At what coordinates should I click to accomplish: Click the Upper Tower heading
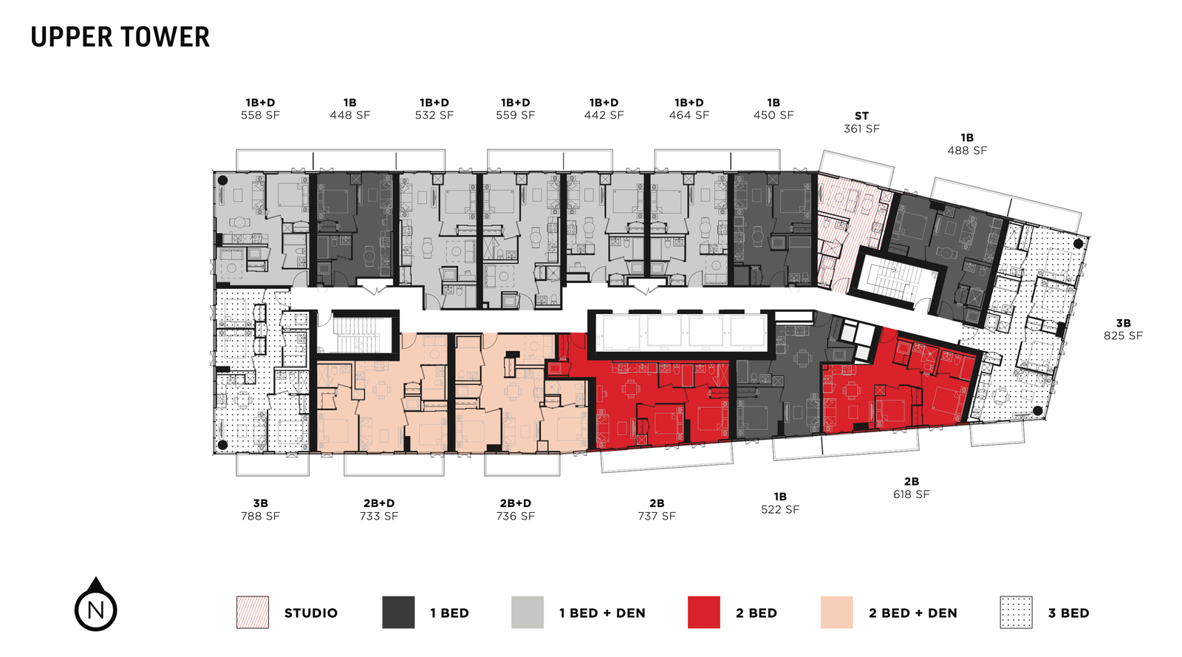(x=120, y=37)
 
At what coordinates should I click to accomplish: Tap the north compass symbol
(x=96, y=608)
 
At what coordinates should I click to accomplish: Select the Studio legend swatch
(x=253, y=613)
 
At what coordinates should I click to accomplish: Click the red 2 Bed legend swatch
(x=703, y=613)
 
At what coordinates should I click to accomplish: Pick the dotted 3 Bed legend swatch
(x=1016, y=613)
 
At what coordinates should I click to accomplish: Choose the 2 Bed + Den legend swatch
(x=836, y=613)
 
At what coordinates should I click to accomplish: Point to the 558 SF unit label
(x=260, y=115)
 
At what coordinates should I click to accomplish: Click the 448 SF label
(x=350, y=115)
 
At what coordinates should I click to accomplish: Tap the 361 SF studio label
(x=861, y=129)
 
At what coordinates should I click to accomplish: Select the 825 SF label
(x=1123, y=336)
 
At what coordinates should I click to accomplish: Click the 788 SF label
(x=260, y=516)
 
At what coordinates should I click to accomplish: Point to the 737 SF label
(x=657, y=516)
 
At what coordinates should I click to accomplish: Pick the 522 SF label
(x=780, y=509)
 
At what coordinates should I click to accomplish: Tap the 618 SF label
(x=911, y=494)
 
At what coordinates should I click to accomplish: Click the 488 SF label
(x=967, y=150)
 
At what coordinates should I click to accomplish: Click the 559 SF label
(x=516, y=115)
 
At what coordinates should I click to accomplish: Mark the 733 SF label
(x=379, y=516)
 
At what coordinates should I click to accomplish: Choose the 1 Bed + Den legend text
(x=602, y=613)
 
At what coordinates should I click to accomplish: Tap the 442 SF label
(x=604, y=115)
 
